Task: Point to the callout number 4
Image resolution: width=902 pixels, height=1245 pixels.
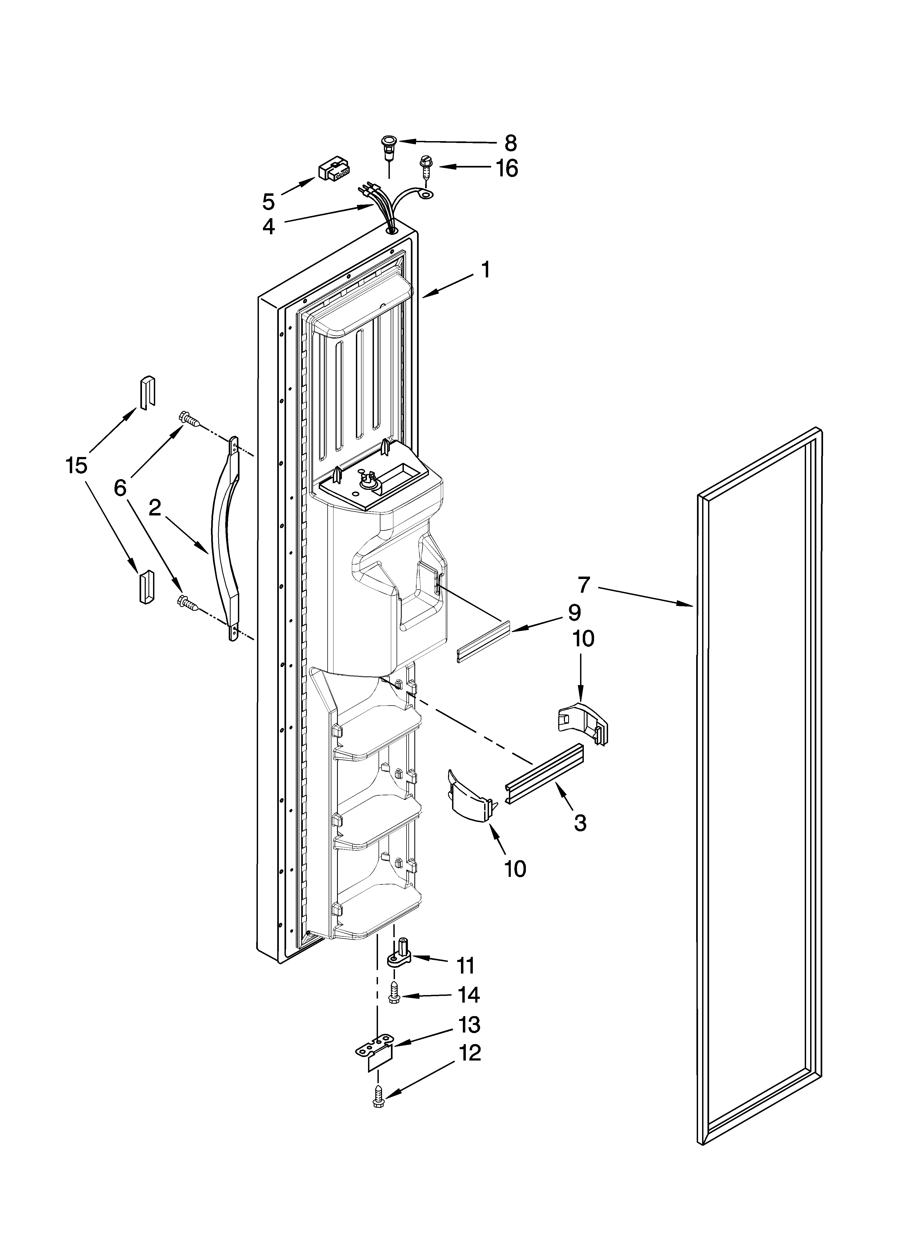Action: click(268, 226)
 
